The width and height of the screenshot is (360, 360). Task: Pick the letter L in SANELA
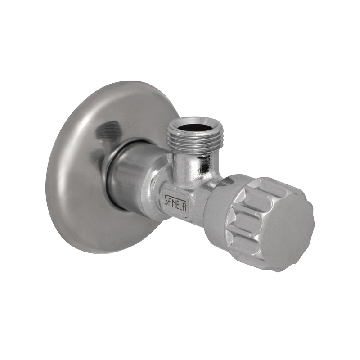tap(181, 202)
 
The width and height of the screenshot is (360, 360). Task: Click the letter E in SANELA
tap(178, 201)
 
